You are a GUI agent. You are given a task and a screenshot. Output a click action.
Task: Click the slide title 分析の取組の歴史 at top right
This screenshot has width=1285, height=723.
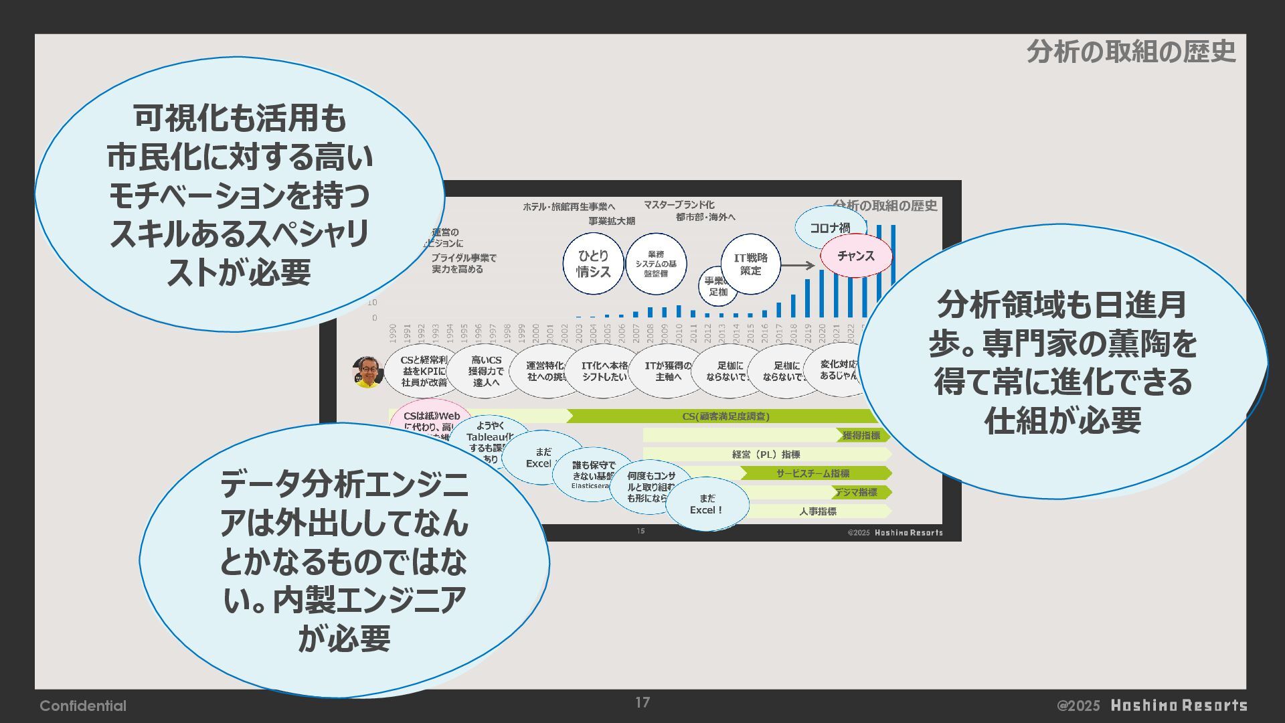click(x=1130, y=52)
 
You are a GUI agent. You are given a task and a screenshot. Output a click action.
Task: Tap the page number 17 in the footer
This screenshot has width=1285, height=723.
click(x=642, y=702)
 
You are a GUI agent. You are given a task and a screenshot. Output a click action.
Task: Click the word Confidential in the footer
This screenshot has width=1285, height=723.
click(x=83, y=706)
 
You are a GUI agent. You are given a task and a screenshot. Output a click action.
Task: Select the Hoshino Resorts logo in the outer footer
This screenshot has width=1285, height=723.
click(x=1179, y=706)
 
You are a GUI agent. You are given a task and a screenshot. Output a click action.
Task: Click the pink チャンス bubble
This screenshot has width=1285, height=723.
click(x=856, y=256)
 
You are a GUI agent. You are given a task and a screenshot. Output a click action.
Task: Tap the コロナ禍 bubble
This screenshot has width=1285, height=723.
click(x=829, y=228)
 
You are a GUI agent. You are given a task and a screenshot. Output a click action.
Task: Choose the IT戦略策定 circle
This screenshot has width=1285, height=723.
click(x=751, y=264)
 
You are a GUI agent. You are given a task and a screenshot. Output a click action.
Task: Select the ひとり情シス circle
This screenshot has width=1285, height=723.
click(x=593, y=264)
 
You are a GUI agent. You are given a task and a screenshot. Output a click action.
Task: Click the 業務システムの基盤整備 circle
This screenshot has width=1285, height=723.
click(x=656, y=264)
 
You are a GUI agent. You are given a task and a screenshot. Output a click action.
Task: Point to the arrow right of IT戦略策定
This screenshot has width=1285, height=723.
click(x=798, y=266)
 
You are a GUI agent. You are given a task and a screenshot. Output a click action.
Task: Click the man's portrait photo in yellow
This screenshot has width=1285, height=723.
click(x=367, y=372)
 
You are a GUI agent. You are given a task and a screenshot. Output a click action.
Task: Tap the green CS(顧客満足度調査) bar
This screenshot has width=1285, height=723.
click(x=725, y=416)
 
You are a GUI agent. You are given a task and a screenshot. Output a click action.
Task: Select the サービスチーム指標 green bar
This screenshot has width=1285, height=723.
click(x=812, y=473)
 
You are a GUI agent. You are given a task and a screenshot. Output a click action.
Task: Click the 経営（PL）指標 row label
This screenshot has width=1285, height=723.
click(x=766, y=455)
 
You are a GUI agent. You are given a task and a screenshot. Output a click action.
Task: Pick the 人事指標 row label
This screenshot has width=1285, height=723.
click(x=817, y=511)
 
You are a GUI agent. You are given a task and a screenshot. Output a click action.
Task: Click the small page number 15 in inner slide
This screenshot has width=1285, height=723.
click(x=640, y=531)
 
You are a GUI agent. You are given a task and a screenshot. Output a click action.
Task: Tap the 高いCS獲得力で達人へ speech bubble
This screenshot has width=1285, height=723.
click(x=486, y=371)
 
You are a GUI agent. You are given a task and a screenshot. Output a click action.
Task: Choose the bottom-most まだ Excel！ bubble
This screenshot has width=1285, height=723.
click(x=706, y=504)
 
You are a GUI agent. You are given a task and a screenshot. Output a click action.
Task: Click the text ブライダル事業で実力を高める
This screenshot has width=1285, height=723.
click(x=464, y=263)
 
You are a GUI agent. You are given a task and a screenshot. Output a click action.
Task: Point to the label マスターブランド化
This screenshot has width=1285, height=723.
click(x=679, y=205)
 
